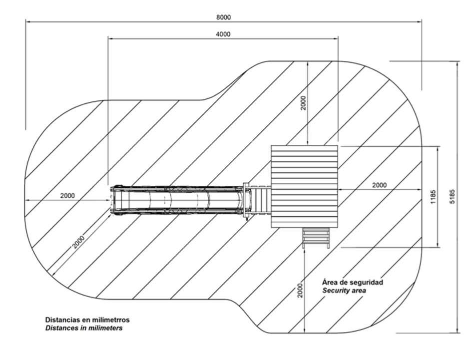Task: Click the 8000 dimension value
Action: (223, 17)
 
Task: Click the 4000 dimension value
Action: (223, 34)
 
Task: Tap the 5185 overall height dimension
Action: (453, 196)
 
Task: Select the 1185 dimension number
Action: (433, 197)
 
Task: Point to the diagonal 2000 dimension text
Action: (78, 242)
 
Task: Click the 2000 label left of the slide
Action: (67, 196)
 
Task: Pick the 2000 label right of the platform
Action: (379, 185)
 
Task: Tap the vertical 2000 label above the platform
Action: (304, 103)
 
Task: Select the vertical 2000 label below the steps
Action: (300, 291)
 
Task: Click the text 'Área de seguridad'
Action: (353, 282)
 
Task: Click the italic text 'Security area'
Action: (344, 291)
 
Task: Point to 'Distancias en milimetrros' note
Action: (87, 320)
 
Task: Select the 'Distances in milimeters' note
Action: (84, 328)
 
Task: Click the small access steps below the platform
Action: (316, 238)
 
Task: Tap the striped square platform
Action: (304, 187)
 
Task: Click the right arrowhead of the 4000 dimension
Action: (336, 38)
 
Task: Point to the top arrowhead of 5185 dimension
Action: (457, 63)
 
